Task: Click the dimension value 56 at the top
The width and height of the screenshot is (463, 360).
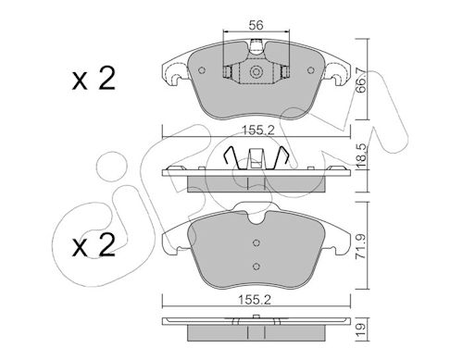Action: click(x=257, y=25)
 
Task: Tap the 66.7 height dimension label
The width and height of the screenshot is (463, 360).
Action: click(x=361, y=81)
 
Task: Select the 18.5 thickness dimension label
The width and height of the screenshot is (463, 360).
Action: click(x=361, y=155)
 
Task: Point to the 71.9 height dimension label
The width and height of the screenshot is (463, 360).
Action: click(x=361, y=246)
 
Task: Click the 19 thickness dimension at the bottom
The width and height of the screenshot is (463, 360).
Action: click(x=361, y=330)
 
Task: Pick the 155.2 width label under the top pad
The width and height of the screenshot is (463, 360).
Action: click(x=257, y=130)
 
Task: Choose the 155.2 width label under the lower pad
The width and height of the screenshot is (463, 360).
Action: click(x=255, y=300)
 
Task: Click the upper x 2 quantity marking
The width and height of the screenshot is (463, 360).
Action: click(x=94, y=79)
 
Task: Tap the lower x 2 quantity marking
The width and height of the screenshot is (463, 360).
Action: click(x=94, y=245)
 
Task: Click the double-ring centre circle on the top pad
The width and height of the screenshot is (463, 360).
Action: click(x=256, y=72)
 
